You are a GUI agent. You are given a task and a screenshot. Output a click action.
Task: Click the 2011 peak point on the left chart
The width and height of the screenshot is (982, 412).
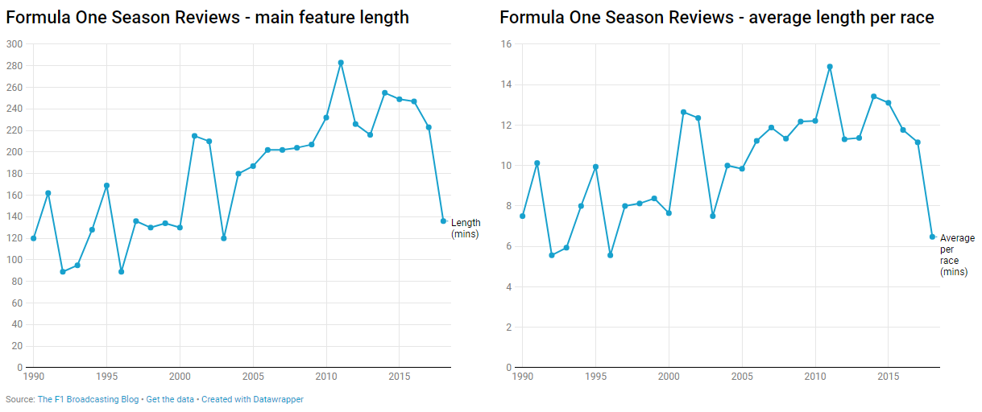coord(341,63)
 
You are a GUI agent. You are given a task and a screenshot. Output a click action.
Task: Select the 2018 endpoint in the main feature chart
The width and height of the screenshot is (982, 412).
coord(443,220)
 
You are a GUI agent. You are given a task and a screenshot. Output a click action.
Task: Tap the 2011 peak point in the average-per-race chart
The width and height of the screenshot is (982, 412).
coord(830,67)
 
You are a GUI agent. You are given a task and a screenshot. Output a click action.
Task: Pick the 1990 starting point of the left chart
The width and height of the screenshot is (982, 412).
coord(33,238)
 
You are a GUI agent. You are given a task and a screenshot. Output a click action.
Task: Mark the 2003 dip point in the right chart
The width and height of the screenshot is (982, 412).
coord(713,216)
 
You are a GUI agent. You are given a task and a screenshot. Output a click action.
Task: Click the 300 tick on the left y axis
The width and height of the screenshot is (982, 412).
coord(14,44)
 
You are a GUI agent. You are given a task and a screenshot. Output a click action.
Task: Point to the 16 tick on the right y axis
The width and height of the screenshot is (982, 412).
coord(507,44)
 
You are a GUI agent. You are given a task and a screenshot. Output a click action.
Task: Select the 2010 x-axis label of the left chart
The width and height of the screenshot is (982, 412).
coord(326,377)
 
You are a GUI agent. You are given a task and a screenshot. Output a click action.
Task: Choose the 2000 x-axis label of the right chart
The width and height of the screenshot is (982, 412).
coord(669,377)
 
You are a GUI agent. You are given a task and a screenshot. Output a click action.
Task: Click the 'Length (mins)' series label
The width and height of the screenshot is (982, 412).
coord(465,229)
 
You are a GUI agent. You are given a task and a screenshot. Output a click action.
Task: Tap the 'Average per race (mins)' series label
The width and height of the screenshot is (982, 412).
coord(957,255)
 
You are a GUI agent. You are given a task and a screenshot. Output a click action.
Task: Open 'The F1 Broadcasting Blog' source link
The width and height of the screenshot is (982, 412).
coord(88,399)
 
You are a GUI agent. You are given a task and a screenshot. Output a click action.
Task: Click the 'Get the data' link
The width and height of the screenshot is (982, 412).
coord(170,399)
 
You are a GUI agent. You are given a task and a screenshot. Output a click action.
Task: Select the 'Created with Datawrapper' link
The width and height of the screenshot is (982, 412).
coord(252,399)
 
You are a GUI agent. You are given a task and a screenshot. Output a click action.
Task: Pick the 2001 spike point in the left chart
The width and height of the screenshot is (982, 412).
coord(194,135)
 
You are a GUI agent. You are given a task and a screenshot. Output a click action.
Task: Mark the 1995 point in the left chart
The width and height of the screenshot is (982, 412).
coord(106,186)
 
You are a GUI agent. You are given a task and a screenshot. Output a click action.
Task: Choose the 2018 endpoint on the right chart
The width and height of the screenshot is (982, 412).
coord(932,237)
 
